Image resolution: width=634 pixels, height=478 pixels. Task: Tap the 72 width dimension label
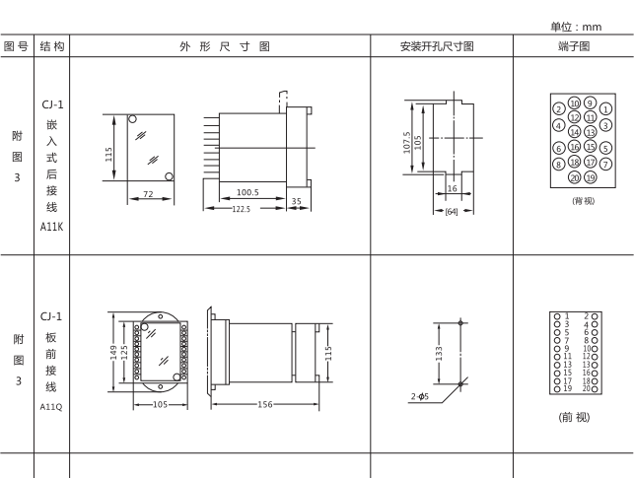(147, 195)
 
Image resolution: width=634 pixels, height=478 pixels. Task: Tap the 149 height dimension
(113, 353)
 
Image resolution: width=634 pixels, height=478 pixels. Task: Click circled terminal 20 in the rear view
(574, 177)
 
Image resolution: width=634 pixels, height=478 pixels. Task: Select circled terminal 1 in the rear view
(604, 109)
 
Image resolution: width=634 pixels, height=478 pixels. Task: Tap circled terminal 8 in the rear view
(558, 164)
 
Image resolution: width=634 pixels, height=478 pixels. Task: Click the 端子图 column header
(573, 45)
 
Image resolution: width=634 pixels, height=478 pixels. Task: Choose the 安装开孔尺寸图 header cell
(441, 45)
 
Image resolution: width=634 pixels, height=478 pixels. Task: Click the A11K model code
(51, 226)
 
